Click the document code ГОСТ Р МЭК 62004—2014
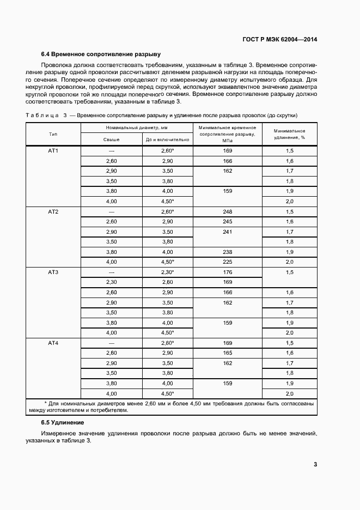(280, 39)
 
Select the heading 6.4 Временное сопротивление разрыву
(100, 54)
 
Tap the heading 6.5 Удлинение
(62, 422)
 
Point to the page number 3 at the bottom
(315, 464)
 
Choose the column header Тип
(53, 133)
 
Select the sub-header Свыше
(112, 139)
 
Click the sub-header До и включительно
(167, 139)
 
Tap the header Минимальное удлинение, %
(289, 134)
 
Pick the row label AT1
(53, 150)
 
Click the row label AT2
(53, 211)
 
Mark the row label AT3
(53, 272)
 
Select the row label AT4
(53, 343)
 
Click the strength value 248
(227, 211)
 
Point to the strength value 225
(227, 262)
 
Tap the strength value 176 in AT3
(227, 272)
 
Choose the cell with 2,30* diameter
(167, 272)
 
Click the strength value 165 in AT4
(227, 353)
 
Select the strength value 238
(227, 252)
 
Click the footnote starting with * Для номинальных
(180, 407)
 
